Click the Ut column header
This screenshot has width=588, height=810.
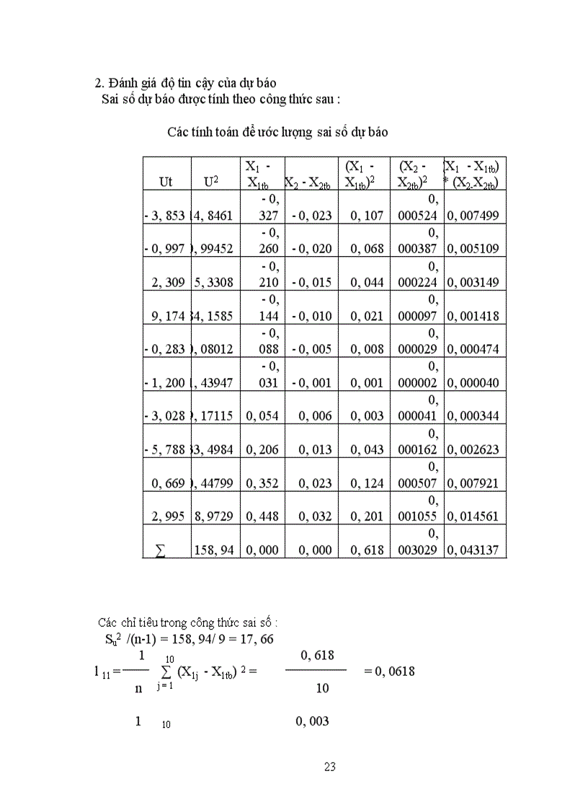tap(166, 182)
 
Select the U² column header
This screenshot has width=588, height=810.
tap(212, 182)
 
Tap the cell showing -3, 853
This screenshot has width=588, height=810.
tap(165, 215)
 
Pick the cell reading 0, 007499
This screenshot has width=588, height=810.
tap(473, 215)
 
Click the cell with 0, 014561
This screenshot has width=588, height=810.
tap(473, 516)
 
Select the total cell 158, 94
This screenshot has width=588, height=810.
tap(214, 550)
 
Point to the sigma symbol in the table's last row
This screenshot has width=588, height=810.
tap(160, 550)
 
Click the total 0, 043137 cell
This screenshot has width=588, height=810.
tap(473, 550)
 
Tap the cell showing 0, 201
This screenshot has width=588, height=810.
tap(367, 516)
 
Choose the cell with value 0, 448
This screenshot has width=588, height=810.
tap(262, 516)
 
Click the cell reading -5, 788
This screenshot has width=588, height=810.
tap(165, 449)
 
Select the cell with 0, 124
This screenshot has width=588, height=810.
tap(367, 483)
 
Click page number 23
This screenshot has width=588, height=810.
tap(330, 767)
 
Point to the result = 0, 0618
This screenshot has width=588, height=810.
tap(389, 671)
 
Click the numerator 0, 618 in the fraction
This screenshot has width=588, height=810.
tap(316, 654)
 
